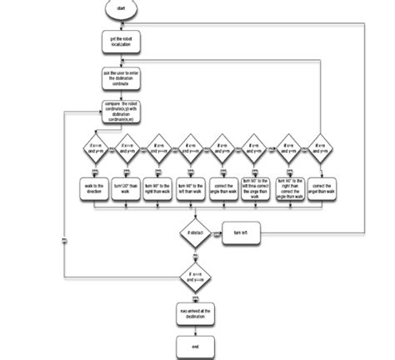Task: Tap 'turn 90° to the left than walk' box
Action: point(192,190)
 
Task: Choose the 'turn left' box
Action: point(242,233)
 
